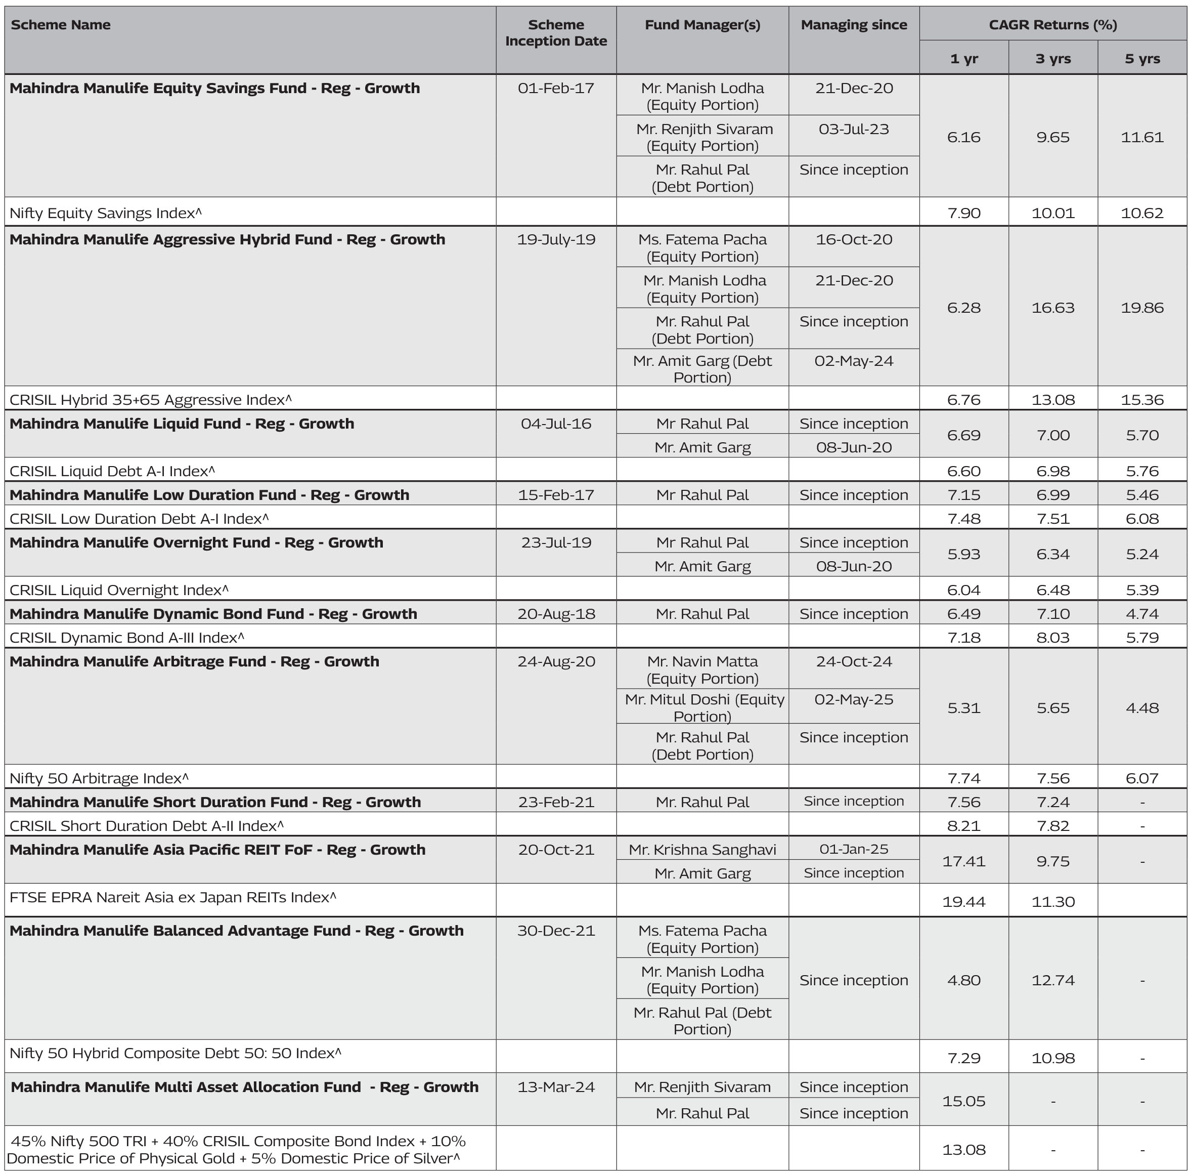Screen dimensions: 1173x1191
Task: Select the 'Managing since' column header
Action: click(x=854, y=25)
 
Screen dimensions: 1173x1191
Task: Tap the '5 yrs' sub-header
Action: click(x=1142, y=59)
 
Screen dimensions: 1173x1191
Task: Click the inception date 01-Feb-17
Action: click(x=555, y=89)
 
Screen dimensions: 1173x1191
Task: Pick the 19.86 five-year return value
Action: click(x=1142, y=308)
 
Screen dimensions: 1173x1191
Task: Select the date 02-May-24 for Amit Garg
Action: click(x=854, y=361)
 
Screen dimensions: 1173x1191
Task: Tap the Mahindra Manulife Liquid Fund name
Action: click(x=182, y=424)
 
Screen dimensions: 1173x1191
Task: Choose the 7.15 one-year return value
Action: click(x=964, y=495)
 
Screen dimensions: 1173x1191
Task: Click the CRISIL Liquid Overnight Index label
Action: click(x=119, y=590)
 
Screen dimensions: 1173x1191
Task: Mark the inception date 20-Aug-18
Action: click(x=555, y=614)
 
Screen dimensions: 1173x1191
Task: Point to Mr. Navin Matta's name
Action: click(x=702, y=662)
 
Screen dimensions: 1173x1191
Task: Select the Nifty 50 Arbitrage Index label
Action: click(x=99, y=779)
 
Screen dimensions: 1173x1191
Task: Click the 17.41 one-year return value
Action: click(x=964, y=861)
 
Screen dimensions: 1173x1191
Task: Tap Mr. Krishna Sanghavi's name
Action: click(x=702, y=850)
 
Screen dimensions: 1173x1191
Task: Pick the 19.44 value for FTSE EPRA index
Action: click(x=964, y=902)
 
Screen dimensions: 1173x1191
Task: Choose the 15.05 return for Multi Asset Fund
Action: click(x=964, y=1101)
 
